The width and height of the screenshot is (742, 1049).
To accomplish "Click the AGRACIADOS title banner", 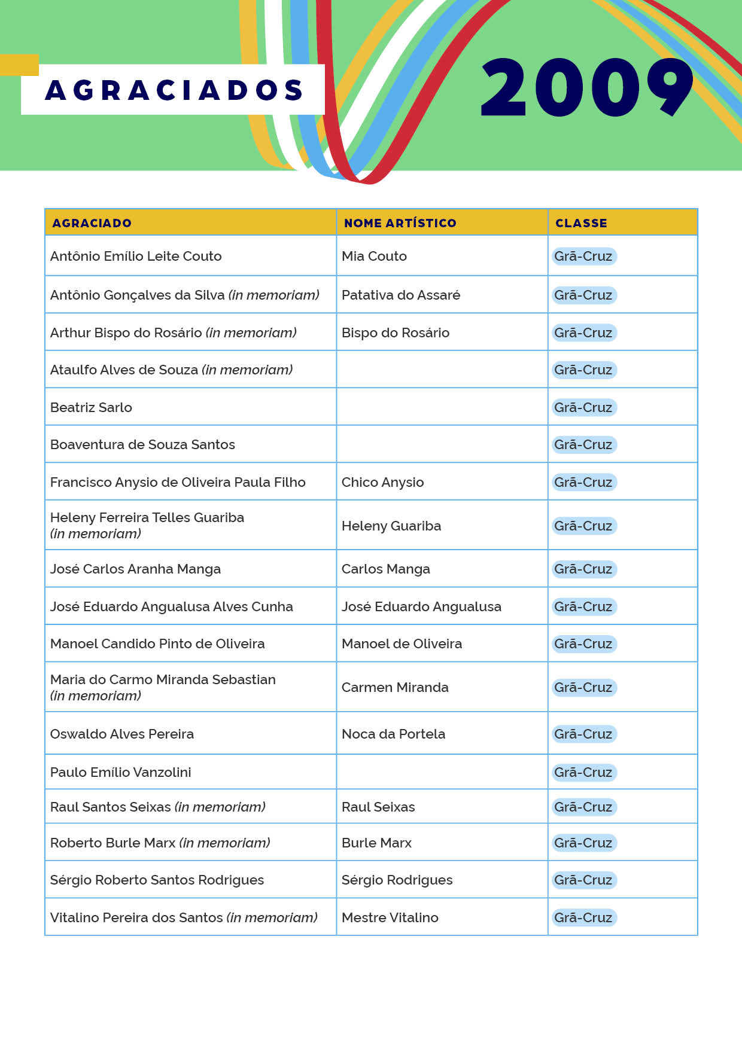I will [173, 90].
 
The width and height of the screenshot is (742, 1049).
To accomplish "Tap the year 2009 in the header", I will [586, 88].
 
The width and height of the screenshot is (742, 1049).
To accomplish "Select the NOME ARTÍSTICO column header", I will [400, 223].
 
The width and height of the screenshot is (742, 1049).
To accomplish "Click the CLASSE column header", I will [581, 223].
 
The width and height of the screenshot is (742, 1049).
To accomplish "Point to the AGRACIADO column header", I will [92, 223].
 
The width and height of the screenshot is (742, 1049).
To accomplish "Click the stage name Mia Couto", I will [374, 256].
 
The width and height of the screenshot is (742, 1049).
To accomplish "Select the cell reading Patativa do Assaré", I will [401, 295].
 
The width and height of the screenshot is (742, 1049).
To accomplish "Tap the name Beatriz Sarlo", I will [91, 407].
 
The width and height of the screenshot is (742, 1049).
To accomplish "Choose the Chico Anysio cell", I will [382, 482].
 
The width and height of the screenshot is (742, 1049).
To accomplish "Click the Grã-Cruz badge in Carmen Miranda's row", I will [583, 687].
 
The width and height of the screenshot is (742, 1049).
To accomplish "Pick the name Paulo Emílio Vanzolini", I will [121, 772].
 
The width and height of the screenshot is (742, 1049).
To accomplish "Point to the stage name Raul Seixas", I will [378, 807].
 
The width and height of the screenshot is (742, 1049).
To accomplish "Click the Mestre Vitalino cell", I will [390, 917].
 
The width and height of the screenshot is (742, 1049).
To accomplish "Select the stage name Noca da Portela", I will [393, 734].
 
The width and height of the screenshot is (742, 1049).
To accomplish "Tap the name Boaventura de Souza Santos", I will [142, 444].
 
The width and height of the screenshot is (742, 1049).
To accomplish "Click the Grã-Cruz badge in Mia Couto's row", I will [583, 256].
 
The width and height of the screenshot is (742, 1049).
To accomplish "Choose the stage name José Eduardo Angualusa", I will [421, 606].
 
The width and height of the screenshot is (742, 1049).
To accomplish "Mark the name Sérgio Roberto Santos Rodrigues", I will [157, 880].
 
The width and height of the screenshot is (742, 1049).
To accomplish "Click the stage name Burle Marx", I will [376, 843].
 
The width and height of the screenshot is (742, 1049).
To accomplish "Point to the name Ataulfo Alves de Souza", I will [124, 370].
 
